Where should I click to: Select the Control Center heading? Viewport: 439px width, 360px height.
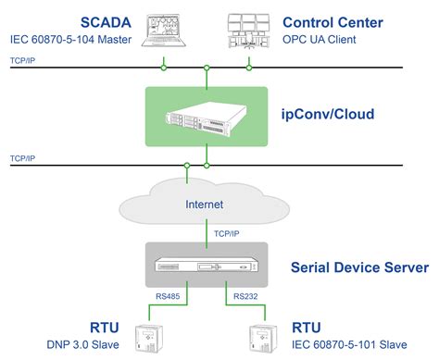pos(332,20)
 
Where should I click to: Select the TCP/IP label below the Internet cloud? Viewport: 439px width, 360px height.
pos(229,234)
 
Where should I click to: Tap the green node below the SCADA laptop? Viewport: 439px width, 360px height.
pos(163,67)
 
